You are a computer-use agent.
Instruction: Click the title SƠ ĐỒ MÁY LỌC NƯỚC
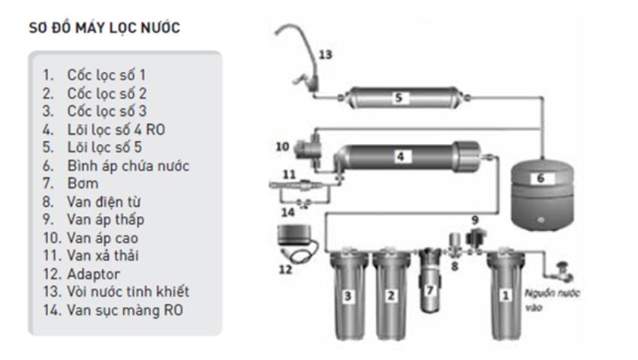[x=104, y=28]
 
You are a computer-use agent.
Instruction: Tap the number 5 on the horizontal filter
[x=399, y=97]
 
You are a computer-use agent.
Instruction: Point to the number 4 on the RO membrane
[x=400, y=156]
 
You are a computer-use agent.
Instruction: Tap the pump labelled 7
[x=429, y=280]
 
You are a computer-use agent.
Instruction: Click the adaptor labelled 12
[x=297, y=244]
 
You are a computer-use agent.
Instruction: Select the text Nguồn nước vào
[x=552, y=300]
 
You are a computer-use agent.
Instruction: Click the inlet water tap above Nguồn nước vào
[x=563, y=271]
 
